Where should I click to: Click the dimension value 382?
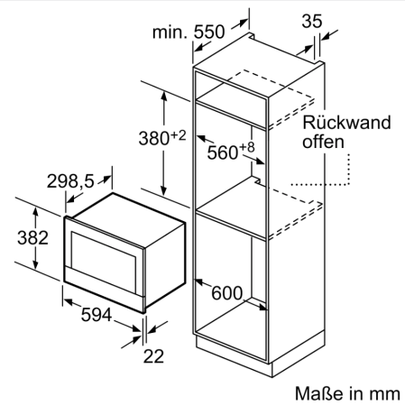(32, 237)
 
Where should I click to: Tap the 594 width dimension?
(97, 315)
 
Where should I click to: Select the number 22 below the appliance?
(153, 356)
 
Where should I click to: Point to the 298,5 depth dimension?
(70, 181)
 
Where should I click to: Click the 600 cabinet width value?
(226, 293)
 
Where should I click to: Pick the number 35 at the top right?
(312, 21)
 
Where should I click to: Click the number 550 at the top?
(209, 32)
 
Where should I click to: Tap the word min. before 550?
(170, 32)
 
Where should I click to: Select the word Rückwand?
(346, 123)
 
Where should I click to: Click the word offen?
(323, 142)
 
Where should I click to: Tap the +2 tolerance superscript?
(179, 135)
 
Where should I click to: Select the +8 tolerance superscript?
(247, 147)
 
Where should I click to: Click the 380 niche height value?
(154, 139)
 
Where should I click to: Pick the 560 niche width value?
(223, 152)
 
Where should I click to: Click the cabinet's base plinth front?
(234, 355)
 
